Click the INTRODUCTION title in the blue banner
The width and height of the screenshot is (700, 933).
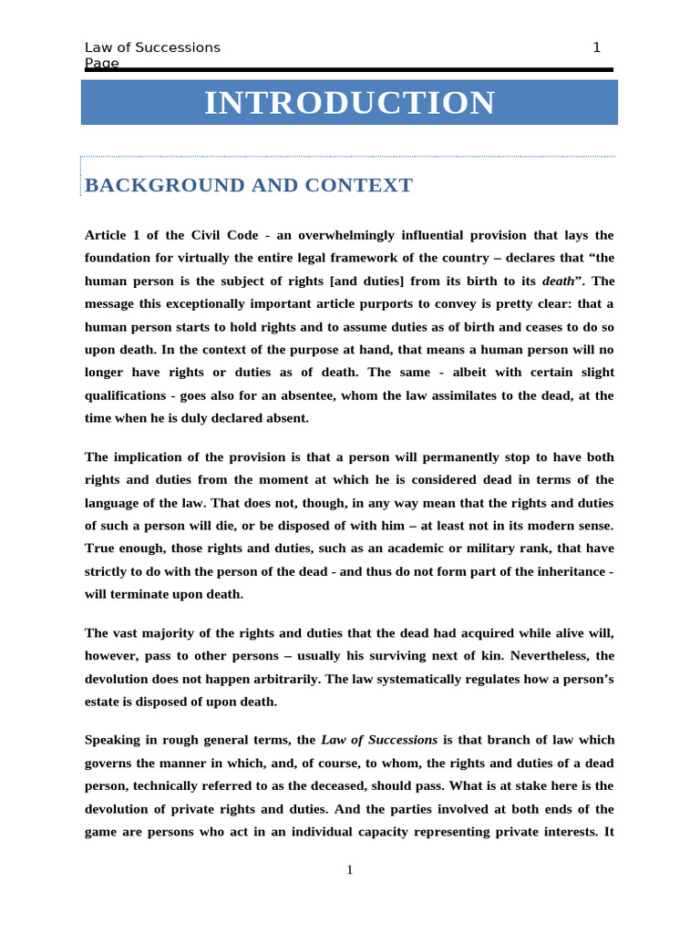[x=349, y=103]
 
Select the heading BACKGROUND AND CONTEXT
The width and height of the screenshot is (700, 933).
[x=248, y=186]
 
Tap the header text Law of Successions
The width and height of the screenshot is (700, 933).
[x=152, y=47]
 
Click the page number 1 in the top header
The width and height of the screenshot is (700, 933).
[x=596, y=47]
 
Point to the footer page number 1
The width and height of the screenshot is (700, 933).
[x=349, y=870]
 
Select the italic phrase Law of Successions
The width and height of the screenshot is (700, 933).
[x=379, y=740]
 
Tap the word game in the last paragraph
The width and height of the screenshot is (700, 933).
[x=102, y=831]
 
